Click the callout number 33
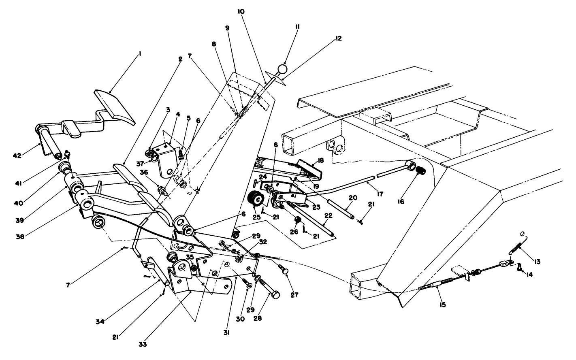(x=143, y=345)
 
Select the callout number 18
(x=321, y=160)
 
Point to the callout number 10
(x=252, y=12)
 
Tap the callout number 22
(x=329, y=216)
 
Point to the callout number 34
(x=100, y=322)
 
